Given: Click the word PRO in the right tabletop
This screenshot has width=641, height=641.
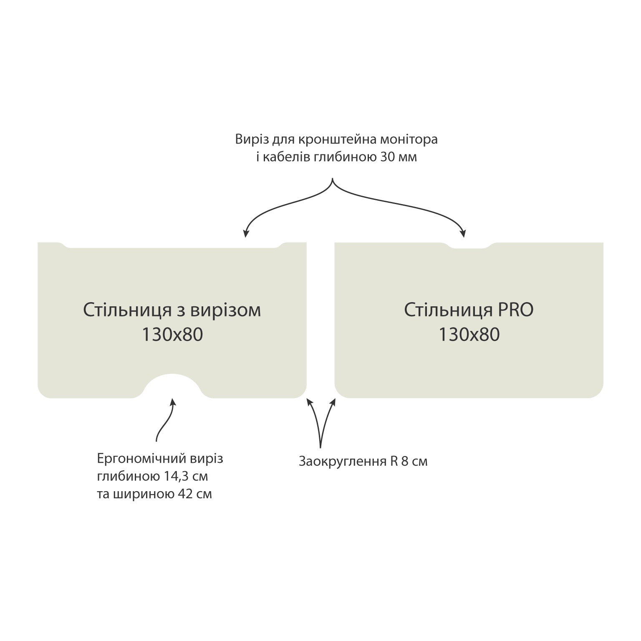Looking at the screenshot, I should pos(515,310).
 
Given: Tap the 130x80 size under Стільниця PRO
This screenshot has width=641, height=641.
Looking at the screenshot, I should pos(469,335).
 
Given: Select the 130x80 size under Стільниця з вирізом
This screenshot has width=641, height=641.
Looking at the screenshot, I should pos(172,335).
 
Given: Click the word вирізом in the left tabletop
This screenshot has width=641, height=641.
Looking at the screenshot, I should pos(225,310).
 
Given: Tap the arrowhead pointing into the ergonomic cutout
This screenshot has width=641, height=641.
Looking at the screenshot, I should pos(172,402).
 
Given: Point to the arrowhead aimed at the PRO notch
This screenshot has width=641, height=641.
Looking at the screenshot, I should pos(462,234).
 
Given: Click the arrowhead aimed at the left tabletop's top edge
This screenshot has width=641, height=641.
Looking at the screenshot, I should pos(246,234).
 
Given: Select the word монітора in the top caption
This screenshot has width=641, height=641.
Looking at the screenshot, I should pos(409,139).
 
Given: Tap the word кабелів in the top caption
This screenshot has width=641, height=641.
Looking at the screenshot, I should pos(285,158).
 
